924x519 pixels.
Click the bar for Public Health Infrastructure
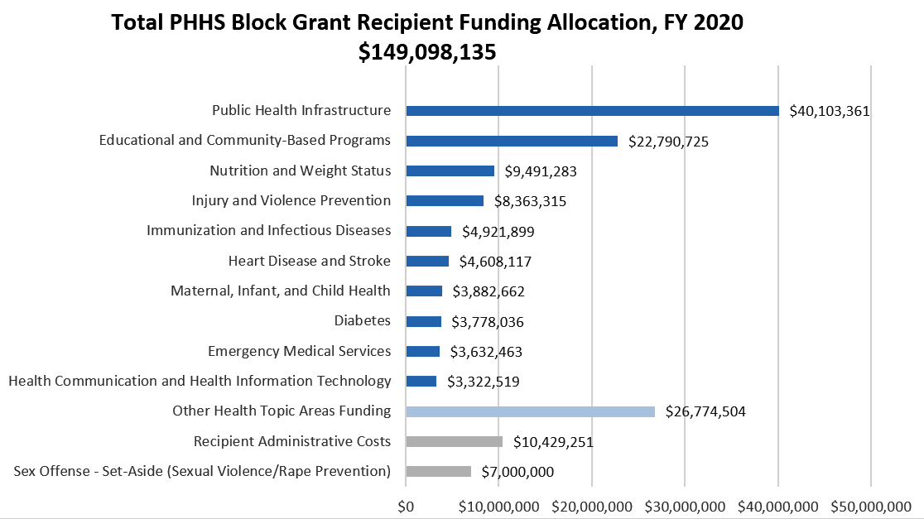[592, 111]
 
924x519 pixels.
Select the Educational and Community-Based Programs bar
[512, 141]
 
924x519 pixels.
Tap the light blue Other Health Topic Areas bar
[530, 411]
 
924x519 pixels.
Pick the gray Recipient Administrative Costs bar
[454, 441]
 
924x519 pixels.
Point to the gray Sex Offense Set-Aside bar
[438, 471]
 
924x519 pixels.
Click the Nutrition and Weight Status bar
[450, 171]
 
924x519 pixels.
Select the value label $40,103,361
[829, 111]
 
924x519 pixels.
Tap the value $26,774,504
[705, 411]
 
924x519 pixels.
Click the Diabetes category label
[362, 321]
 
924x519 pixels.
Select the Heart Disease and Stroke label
[309, 261]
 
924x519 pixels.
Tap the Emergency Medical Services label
[299, 351]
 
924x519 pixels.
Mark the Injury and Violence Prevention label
[291, 200]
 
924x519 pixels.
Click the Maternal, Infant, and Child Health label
[280, 291]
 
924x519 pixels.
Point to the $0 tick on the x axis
[406, 505]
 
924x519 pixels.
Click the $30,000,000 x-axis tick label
[685, 505]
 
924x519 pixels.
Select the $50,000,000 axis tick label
[870, 505]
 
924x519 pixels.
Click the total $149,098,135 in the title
[427, 51]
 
